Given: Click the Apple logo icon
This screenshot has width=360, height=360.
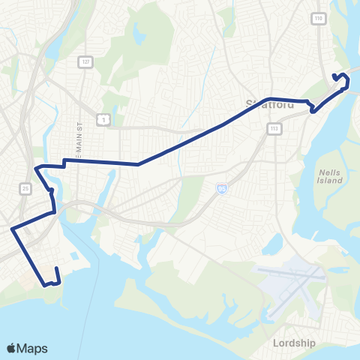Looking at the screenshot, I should [x=12, y=348].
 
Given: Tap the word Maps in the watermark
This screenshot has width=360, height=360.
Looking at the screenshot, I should [x=33, y=348].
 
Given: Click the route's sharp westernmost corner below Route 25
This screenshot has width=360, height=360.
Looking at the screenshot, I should [x=12, y=229].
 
